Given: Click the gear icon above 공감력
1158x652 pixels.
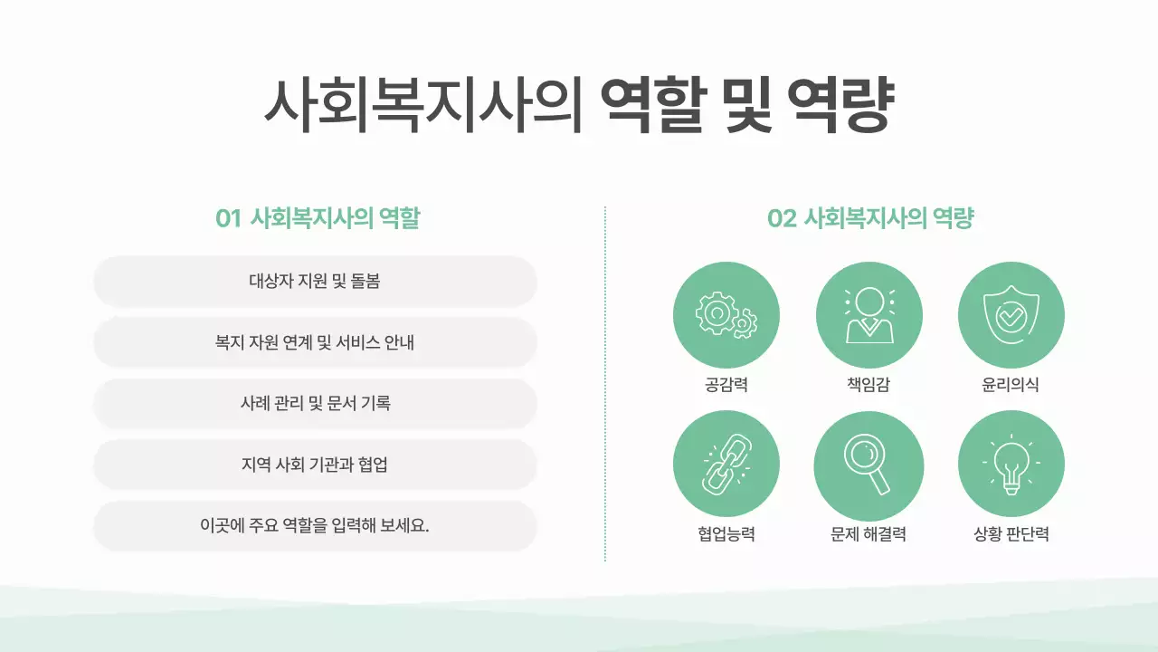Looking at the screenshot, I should pos(726,315).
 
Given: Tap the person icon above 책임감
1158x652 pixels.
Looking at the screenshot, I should pos(868,315).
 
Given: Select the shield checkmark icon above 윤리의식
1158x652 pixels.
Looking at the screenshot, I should pos(1011,315).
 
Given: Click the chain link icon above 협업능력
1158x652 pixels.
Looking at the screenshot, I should pos(726,464).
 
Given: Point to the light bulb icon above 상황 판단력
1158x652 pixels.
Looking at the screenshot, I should pos(1011,464).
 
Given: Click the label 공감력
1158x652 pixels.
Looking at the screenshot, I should pos(726,385).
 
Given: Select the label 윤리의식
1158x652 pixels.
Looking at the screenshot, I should pos(1011,385).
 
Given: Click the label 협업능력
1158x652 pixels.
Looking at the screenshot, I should pos(726,534).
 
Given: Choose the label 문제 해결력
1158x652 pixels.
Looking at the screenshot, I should pos(868,534).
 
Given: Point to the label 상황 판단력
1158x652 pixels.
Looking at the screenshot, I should pos(1011,534).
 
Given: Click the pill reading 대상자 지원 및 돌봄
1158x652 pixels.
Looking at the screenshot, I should pos(315,281).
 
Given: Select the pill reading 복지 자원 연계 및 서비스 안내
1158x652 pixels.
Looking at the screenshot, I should pos(315,342).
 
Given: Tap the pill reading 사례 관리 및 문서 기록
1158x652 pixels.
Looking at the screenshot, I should pos(315,403).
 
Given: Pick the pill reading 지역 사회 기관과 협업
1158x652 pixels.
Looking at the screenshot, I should pos(315,465).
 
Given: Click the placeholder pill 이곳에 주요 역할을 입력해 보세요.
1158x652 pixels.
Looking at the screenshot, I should pos(315,526).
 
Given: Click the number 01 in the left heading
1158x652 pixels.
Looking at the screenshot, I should pos(228,219).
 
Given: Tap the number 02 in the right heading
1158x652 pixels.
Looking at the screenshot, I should pos(781,219).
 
